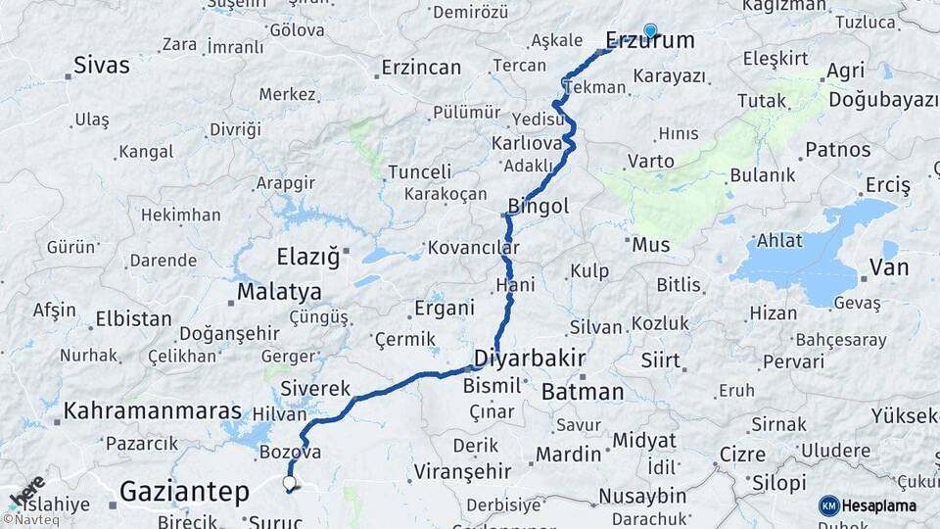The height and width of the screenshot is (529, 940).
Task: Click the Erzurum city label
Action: click(x=650, y=41)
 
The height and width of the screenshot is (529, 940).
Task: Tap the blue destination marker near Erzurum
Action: click(x=649, y=30)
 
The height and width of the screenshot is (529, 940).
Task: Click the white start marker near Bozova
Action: click(x=289, y=482)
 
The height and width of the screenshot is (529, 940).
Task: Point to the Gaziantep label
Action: click(x=184, y=491)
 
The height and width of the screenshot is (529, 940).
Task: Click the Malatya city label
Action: click(x=279, y=292)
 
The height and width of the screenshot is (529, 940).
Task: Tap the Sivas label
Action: click(x=102, y=66)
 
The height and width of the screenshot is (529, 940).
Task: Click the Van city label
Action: click(x=889, y=267)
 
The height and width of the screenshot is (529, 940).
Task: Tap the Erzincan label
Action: click(x=421, y=68)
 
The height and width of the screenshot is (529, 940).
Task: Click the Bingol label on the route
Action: click(x=538, y=208)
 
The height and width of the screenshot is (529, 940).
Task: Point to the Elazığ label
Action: click(x=307, y=258)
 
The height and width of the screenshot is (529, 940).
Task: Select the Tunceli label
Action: click(x=419, y=171)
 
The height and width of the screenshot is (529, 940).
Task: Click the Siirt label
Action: click(x=660, y=361)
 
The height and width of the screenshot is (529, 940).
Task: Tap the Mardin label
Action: click(x=568, y=455)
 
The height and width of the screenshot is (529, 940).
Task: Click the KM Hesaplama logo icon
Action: click(x=828, y=505)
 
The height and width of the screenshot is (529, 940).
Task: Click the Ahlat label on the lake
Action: click(x=779, y=241)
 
